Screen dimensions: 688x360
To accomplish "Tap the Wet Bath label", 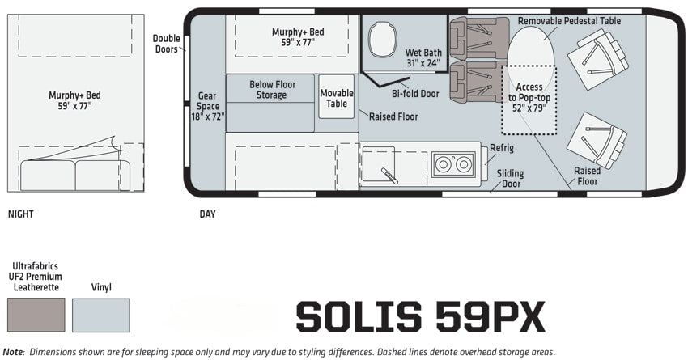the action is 423,57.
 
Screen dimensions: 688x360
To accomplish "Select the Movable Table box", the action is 337,96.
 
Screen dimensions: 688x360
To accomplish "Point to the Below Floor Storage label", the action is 272,90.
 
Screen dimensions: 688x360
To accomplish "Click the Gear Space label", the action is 207,106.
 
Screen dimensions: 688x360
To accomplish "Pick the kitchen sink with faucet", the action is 378,163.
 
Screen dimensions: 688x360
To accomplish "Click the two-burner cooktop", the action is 453,164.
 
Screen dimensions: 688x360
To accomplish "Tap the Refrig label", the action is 502,148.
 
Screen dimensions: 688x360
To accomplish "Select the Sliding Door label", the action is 510,179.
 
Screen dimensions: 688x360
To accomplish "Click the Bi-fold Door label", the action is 415,94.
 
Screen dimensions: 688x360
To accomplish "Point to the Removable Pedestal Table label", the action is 569,20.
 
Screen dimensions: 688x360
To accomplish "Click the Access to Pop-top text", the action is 529,92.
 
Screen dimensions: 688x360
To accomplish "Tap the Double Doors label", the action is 166,44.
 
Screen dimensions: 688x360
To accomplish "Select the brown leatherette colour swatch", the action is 36,315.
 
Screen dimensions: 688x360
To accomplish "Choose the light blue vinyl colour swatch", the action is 101,315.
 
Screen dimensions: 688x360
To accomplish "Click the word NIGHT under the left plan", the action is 20,214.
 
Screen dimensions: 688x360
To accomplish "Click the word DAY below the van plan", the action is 207,214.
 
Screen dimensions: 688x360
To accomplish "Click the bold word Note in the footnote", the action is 12,352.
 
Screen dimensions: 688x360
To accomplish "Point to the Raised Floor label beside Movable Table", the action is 393,116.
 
